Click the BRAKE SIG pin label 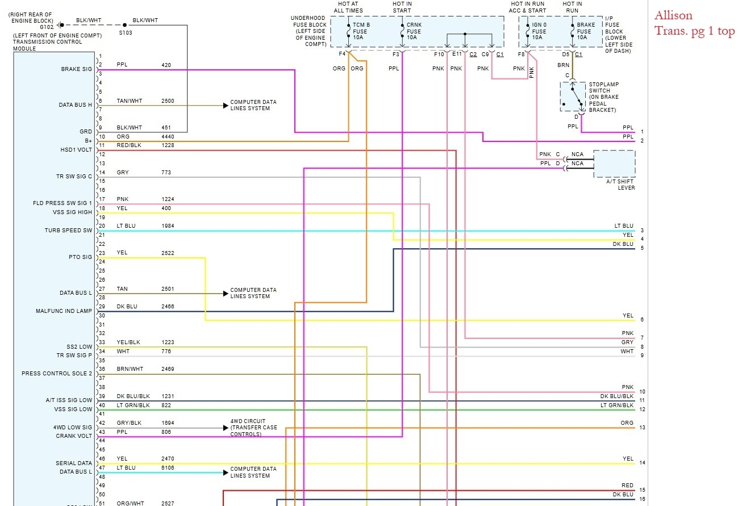pos(76,69)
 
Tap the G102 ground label pos(47,27)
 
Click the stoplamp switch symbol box pos(573,97)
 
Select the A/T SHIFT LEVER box pos(614,164)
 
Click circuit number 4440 pos(168,136)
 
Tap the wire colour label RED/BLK pos(130,145)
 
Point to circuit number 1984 pos(168,226)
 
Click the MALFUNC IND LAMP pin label pos(64,311)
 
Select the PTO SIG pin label pos(80,257)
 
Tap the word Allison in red pos(673,15)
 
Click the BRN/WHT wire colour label pos(130,369)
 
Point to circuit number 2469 pos(168,369)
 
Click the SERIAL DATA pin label pos(73,463)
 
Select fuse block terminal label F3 pos(396,54)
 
